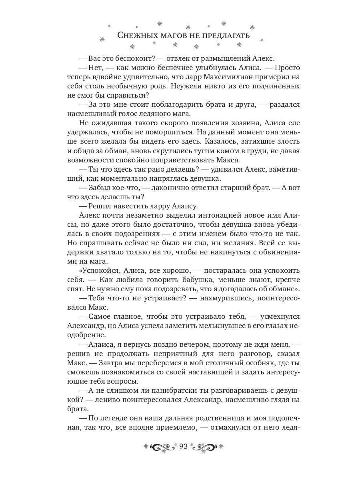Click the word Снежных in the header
137,35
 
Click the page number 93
184,446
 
